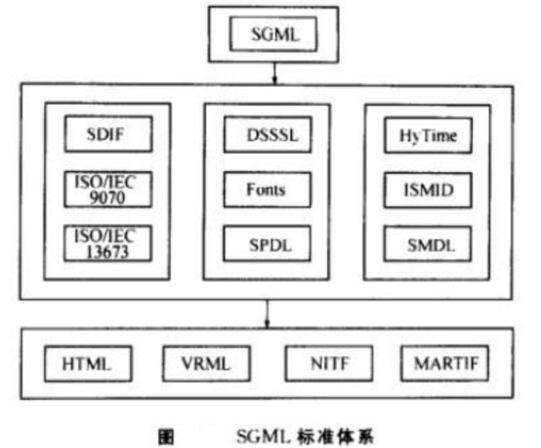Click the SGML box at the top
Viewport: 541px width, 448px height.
click(x=273, y=34)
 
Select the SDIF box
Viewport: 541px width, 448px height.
click(x=108, y=134)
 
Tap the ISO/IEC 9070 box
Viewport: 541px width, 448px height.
click(x=108, y=190)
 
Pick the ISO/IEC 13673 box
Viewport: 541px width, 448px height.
click(x=107, y=244)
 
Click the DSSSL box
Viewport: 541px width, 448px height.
click(x=268, y=134)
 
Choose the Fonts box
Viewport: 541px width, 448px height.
click(x=267, y=190)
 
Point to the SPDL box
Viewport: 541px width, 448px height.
click(x=267, y=244)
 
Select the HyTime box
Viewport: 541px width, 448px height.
click(x=428, y=135)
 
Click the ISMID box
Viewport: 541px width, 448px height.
click(x=428, y=190)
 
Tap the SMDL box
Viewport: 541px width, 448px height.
click(x=428, y=244)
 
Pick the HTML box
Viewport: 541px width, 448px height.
click(x=88, y=364)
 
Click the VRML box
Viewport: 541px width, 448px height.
click(x=207, y=364)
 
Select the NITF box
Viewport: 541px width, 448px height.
click(x=329, y=363)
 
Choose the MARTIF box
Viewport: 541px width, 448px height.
click(x=445, y=363)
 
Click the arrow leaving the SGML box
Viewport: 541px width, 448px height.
click(x=274, y=73)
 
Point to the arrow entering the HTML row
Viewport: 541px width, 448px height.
click(x=267, y=314)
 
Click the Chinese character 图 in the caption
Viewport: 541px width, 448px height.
click(x=166, y=437)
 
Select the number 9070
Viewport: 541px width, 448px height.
click(x=107, y=198)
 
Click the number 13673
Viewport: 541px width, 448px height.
click(x=107, y=251)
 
